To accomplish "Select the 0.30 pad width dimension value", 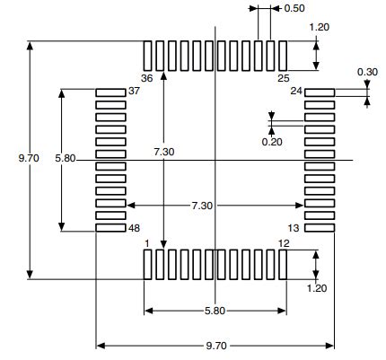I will coord(367,72).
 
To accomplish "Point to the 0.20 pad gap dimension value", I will coord(270,141).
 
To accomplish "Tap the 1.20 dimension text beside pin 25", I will coord(319,27).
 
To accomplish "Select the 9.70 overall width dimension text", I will coord(215,346).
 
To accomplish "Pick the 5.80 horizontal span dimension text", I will coord(215,312).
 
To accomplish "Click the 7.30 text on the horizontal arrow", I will coord(202,206).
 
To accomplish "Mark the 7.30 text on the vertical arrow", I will coord(163,153).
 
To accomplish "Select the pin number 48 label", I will coord(136,228).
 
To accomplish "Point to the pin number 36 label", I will coord(145,78).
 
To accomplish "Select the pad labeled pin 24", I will coord(320,92).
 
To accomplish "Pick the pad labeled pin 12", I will coord(282,264).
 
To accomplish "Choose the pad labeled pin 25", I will coord(282,55).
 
